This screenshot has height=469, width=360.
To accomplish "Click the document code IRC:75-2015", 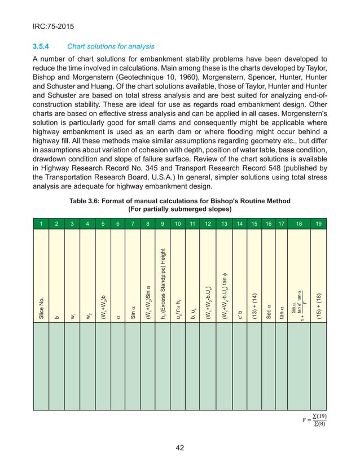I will (x=54, y=25).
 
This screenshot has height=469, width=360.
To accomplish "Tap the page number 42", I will (x=179, y=448).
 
